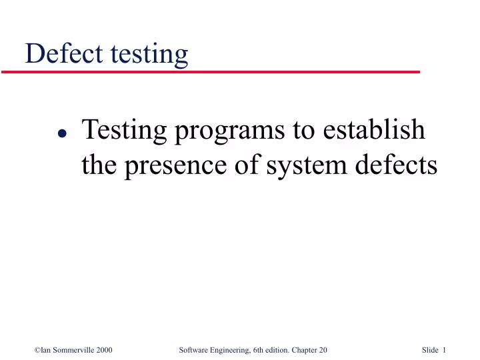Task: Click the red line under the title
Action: (x=220, y=71)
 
